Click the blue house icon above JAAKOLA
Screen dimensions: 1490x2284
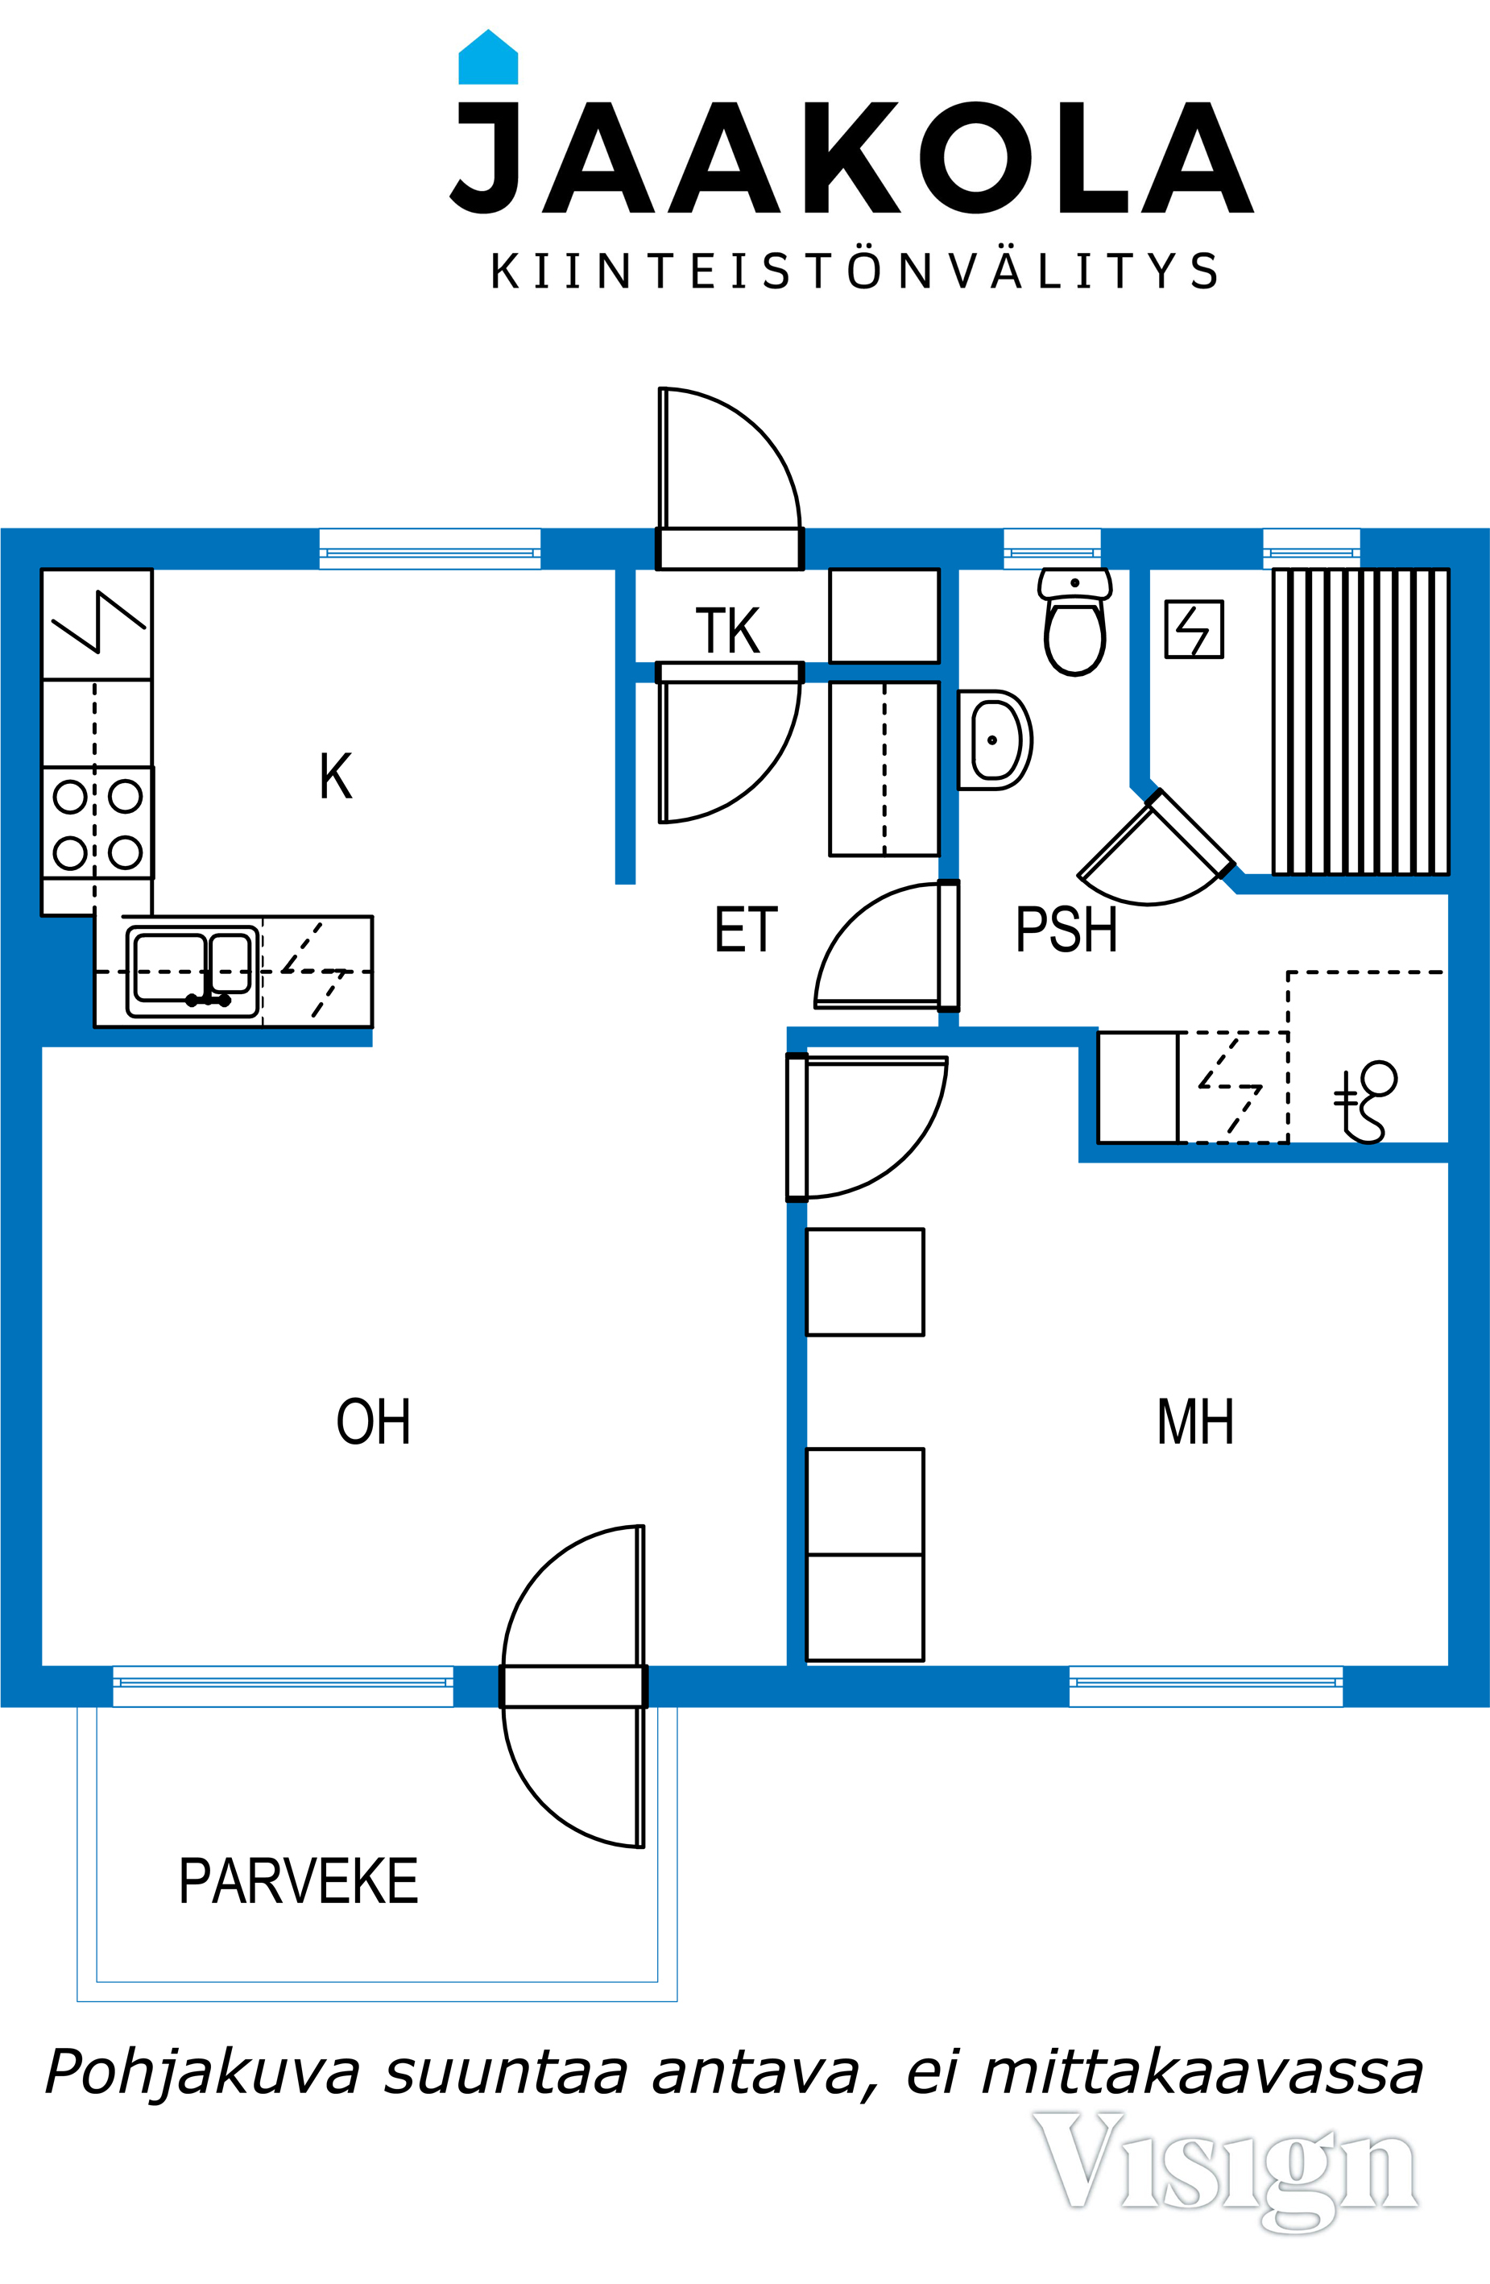click(488, 56)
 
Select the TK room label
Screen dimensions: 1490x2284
click(727, 631)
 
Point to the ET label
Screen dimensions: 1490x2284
click(746, 930)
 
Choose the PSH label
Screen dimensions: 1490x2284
click(1066, 930)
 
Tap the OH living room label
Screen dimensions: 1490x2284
click(373, 1421)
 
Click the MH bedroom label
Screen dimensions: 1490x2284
click(1194, 1421)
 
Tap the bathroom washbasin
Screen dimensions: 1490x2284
click(995, 740)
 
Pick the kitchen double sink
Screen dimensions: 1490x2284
click(192, 971)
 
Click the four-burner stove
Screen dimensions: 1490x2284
click(97, 823)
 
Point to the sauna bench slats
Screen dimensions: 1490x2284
click(1360, 722)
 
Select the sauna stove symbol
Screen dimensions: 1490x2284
click(1194, 629)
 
